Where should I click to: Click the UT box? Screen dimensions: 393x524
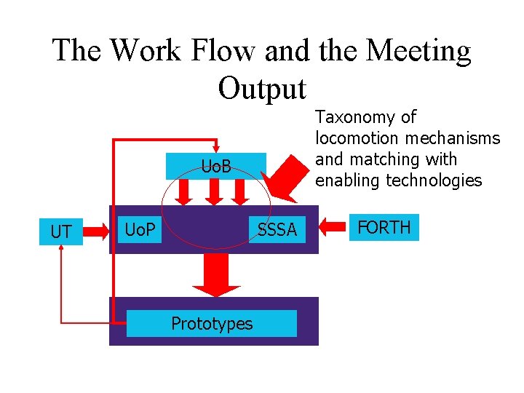point(61,232)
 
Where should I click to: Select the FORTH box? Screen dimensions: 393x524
point(384,228)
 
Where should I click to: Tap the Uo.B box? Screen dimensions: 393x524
point(216,167)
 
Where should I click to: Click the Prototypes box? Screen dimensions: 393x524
point(212,323)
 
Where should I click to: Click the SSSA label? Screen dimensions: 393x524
point(277,230)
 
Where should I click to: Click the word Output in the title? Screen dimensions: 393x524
point(262,89)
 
